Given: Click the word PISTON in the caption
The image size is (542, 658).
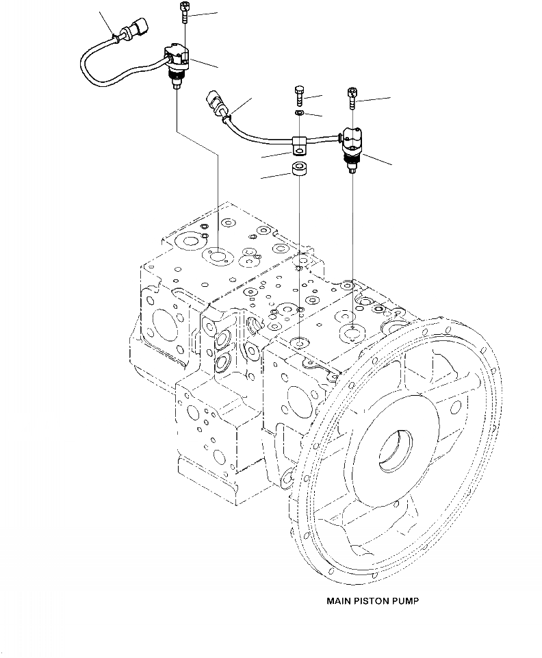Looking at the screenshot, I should tap(373, 602).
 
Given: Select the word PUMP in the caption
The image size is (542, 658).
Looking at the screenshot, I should tap(406, 602).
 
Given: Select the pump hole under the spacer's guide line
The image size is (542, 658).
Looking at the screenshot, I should tap(300, 342).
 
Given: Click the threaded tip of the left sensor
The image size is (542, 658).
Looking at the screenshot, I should tap(177, 84).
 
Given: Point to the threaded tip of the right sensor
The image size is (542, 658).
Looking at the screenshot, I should tap(352, 164).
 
